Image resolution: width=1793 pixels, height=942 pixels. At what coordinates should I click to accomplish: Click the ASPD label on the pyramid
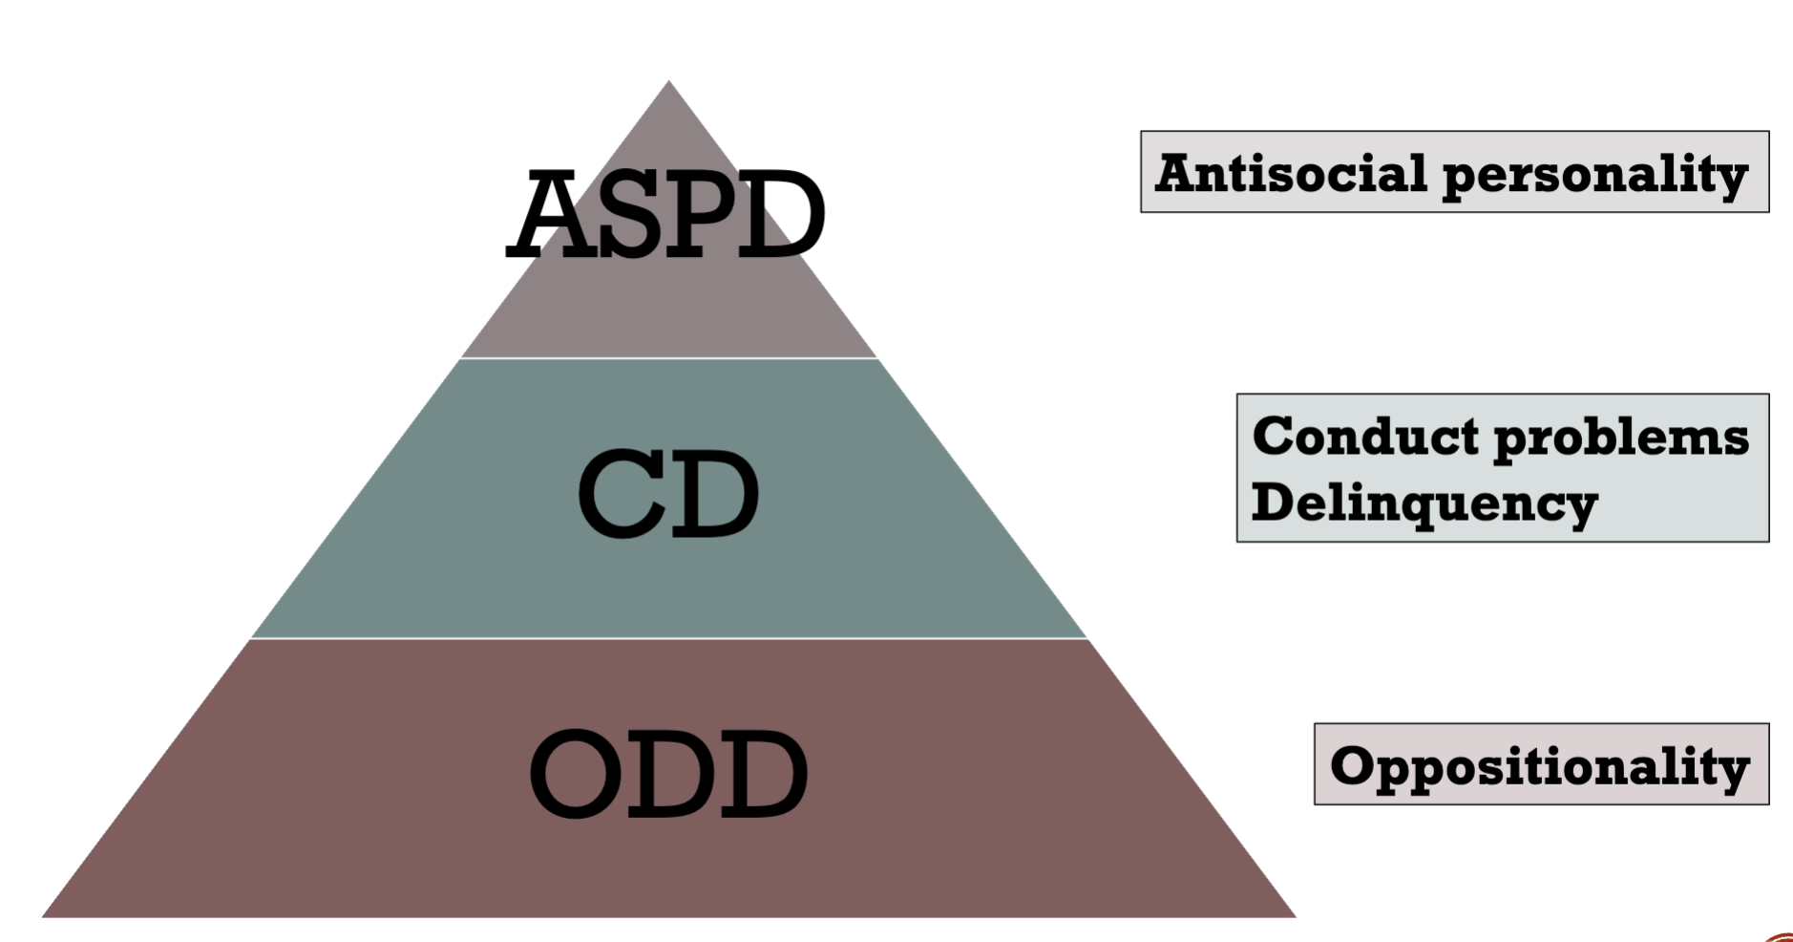[665, 214]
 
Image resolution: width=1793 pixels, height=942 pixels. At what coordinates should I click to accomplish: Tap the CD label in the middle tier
[668, 493]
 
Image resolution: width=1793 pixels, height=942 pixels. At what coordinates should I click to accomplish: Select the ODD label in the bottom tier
[668, 773]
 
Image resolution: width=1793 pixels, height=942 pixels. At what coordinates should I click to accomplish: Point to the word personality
[1595, 177]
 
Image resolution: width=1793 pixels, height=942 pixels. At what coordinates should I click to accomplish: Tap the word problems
[1621, 439]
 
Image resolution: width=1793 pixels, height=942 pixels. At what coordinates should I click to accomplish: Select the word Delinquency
[1424, 503]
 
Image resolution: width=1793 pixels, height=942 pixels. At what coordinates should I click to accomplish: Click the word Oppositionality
[1540, 768]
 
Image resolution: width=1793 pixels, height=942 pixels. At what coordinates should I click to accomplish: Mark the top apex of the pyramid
[668, 80]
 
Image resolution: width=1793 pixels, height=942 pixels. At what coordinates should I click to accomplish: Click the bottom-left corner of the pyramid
[42, 917]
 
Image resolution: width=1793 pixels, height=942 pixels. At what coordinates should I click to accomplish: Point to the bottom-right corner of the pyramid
[1296, 917]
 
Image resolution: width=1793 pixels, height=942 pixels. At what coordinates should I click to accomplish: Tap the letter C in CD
[619, 493]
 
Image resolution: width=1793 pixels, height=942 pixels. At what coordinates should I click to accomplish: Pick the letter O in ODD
[576, 773]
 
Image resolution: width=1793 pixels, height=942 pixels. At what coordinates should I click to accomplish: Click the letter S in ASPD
[631, 215]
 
